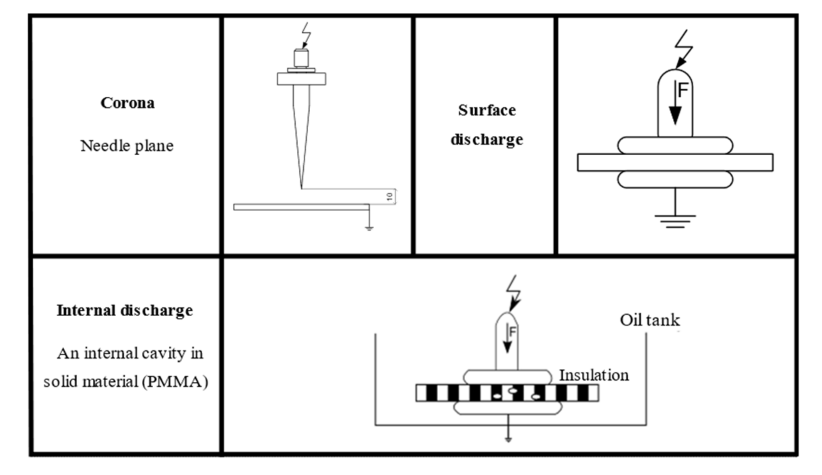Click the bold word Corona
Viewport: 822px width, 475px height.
tap(127, 103)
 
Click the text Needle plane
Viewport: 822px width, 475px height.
tap(127, 146)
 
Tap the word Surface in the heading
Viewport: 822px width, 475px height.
tap(487, 110)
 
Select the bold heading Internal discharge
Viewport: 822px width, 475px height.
tap(125, 310)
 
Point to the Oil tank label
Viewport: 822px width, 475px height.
tap(650, 320)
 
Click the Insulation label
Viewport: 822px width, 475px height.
tap(594, 375)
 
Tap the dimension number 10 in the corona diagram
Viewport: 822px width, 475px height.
tap(390, 197)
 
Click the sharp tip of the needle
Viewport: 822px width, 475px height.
tap(302, 188)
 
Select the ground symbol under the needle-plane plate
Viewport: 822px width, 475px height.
tap(369, 229)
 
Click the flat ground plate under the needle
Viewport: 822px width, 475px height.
tap(301, 207)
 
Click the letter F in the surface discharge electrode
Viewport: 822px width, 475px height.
tap(683, 90)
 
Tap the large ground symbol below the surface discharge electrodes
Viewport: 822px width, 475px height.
tap(675, 221)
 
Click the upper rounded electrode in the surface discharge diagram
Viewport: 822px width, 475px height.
tap(675, 145)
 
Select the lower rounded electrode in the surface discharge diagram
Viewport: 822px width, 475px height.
tap(675, 180)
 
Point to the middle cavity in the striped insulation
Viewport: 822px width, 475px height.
tap(513, 391)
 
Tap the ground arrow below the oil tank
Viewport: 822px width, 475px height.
tap(508, 439)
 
